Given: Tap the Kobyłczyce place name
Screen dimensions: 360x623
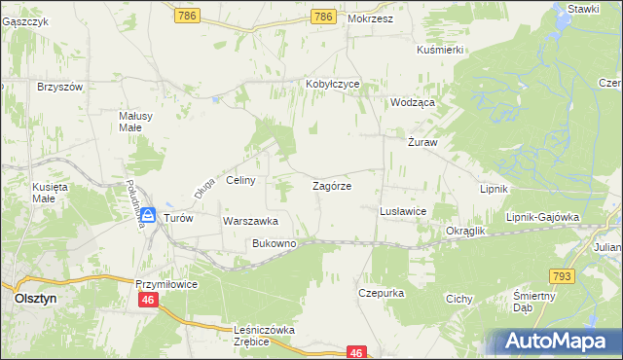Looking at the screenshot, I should [333, 84].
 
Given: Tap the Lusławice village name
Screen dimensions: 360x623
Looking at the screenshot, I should [402, 210].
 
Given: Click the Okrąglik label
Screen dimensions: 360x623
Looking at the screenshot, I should [465, 231].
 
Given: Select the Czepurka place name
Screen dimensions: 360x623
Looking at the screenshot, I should [381, 292].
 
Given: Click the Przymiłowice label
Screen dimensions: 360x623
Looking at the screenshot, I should [166, 283].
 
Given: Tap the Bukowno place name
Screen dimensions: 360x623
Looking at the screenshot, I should [274, 243].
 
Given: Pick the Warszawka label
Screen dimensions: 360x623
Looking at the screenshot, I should [251, 221].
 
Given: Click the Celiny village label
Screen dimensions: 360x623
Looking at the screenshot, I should [240, 180].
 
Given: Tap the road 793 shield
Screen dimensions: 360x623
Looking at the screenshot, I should [587, 277].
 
